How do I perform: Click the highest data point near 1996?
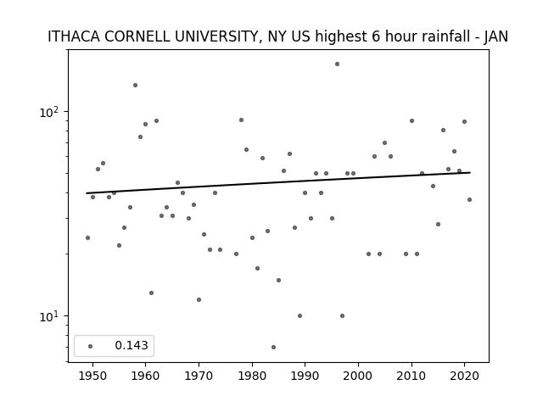click(337, 64)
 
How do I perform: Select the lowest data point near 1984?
click(273, 347)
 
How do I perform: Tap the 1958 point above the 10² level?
click(135, 85)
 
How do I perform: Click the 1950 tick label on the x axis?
click(92, 376)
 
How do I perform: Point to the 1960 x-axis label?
click(145, 376)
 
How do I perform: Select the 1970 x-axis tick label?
click(199, 376)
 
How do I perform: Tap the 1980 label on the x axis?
click(252, 376)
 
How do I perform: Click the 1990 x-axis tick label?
click(305, 376)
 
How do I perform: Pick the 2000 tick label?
click(358, 376)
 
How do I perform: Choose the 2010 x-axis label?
click(411, 376)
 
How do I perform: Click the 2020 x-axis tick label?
click(464, 376)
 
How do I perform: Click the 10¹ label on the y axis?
click(49, 315)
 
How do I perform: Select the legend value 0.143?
click(132, 345)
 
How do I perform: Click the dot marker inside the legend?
click(91, 346)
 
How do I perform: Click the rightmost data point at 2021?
click(469, 200)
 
